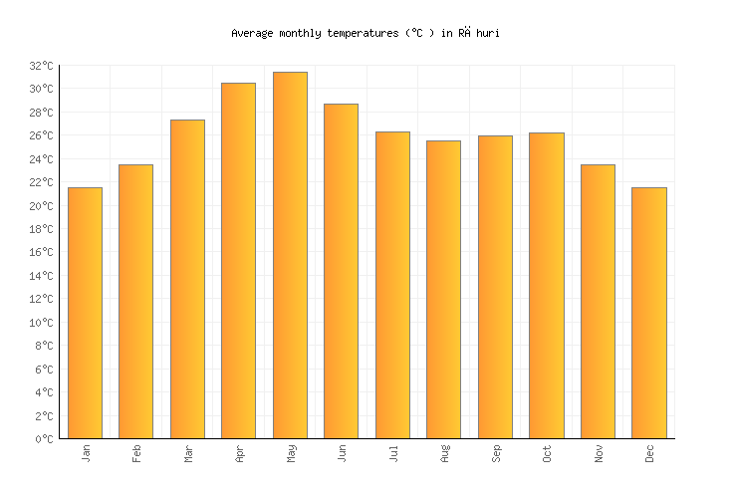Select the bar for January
click(85, 313)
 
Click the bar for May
click(290, 255)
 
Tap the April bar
click(238, 261)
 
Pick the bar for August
click(443, 289)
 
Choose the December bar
click(649, 313)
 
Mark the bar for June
click(341, 271)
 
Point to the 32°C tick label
click(42, 66)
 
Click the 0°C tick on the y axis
click(45, 439)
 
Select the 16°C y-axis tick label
click(42, 253)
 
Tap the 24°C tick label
click(42, 159)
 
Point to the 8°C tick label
click(45, 346)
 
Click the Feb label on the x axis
click(136, 453)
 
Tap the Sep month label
click(496, 453)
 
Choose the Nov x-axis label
click(599, 453)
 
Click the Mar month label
click(188, 453)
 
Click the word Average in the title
click(251, 33)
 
